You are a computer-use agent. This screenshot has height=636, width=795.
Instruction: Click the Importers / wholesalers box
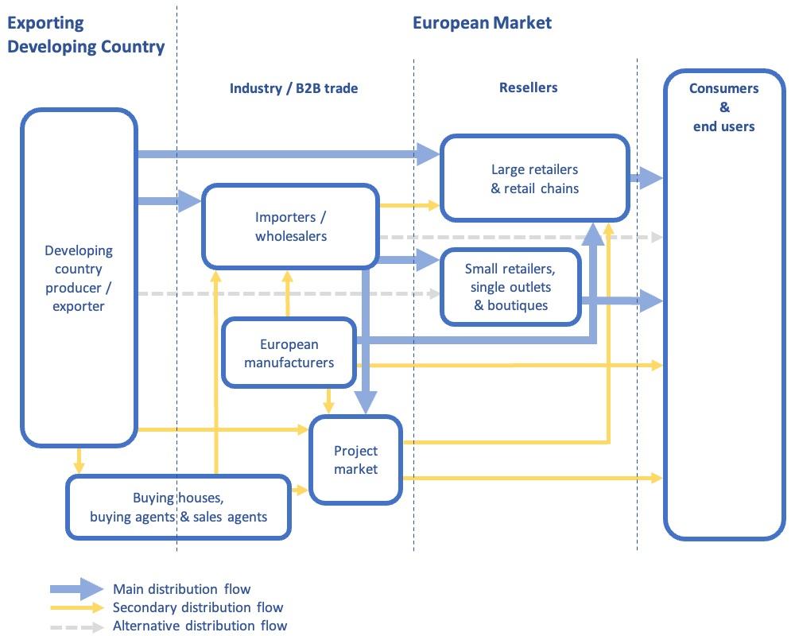(x=290, y=227)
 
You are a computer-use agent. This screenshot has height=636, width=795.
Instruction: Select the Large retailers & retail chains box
(x=534, y=179)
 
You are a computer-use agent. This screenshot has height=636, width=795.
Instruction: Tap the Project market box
(x=355, y=460)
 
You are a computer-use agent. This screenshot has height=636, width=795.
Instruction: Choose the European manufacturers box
(x=289, y=354)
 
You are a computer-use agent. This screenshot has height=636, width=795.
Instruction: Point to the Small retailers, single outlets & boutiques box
(x=510, y=287)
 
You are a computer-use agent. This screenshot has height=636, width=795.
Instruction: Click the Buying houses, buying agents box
(x=178, y=507)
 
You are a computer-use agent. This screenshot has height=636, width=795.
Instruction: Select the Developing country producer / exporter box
(x=79, y=277)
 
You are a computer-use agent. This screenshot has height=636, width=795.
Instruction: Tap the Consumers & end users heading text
(x=723, y=107)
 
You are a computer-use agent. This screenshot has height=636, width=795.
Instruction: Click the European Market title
(x=482, y=22)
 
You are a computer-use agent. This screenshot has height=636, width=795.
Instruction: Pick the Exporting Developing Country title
(x=86, y=35)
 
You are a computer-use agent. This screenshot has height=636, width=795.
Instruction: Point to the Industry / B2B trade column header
(x=293, y=88)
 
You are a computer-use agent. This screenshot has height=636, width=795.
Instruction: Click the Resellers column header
(x=528, y=87)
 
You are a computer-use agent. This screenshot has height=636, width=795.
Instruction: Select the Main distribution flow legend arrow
(x=76, y=589)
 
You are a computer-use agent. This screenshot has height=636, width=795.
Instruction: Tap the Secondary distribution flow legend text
(x=198, y=607)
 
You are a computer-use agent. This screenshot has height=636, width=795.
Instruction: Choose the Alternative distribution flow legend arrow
(x=76, y=626)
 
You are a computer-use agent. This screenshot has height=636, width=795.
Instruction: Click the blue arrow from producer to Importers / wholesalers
(x=169, y=201)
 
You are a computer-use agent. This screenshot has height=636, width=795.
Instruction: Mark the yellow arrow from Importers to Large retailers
(x=409, y=206)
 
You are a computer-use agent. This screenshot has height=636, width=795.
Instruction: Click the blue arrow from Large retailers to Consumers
(x=646, y=178)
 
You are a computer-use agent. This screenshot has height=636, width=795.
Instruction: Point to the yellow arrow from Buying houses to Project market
(x=300, y=491)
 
